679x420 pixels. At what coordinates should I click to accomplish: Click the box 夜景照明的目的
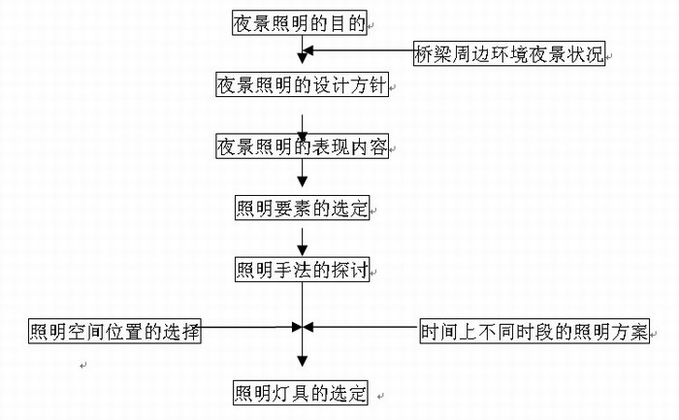(300, 23)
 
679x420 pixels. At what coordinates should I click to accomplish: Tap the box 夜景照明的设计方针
(303, 85)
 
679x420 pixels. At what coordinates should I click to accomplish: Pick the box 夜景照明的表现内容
(303, 147)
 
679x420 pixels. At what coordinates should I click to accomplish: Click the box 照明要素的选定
(302, 208)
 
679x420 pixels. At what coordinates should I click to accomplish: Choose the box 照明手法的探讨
(302, 269)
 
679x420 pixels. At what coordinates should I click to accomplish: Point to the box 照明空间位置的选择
(114, 331)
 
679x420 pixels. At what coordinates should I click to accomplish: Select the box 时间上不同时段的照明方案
(534, 331)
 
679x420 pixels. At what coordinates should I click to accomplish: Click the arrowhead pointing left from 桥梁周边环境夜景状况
(307, 51)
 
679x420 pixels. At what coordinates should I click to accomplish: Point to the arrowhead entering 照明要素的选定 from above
(303, 190)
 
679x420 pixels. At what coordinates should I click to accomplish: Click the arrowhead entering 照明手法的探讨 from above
(303, 250)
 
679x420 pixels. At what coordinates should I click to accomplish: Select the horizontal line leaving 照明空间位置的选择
(247, 327)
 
